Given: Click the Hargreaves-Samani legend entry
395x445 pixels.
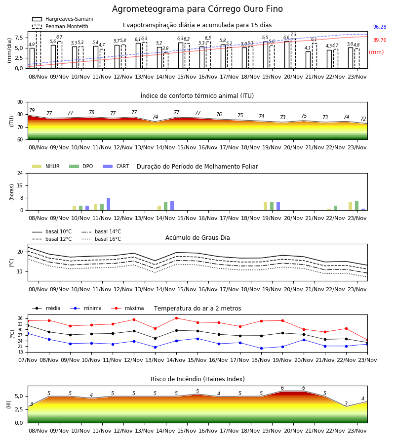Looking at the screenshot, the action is tap(62, 19).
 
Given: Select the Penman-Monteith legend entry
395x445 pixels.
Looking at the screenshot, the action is tap(60, 26).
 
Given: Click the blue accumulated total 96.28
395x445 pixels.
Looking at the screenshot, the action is tap(380, 27).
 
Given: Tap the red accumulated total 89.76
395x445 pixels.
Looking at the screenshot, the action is tap(380, 41).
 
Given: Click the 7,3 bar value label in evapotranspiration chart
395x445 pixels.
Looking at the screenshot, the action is tap(293, 35).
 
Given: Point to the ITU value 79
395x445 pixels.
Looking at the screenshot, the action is tap(32, 110).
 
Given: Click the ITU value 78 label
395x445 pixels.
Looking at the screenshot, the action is tap(91, 112).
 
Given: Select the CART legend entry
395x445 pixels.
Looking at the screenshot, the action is tap(116, 166).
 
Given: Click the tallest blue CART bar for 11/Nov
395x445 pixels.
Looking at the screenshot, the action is tap(108, 204).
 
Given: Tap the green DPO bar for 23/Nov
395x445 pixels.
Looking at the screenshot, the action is tap(357, 206).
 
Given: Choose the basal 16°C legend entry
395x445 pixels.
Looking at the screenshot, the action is tap(101, 239).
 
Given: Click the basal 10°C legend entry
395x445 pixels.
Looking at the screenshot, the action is tap(52, 231).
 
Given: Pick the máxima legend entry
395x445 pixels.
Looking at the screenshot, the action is tap(127, 308).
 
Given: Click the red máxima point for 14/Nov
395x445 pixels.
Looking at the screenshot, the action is tap(177, 318).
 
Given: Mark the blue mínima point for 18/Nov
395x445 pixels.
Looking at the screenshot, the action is tap(261, 348).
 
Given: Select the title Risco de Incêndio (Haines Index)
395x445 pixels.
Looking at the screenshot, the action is tap(197, 379).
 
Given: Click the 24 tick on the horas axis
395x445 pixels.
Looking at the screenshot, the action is tap(20, 173).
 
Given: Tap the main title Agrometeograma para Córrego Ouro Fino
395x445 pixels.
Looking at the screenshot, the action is tap(197, 9).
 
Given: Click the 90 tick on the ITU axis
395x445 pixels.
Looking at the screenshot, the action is tap(20, 102).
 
